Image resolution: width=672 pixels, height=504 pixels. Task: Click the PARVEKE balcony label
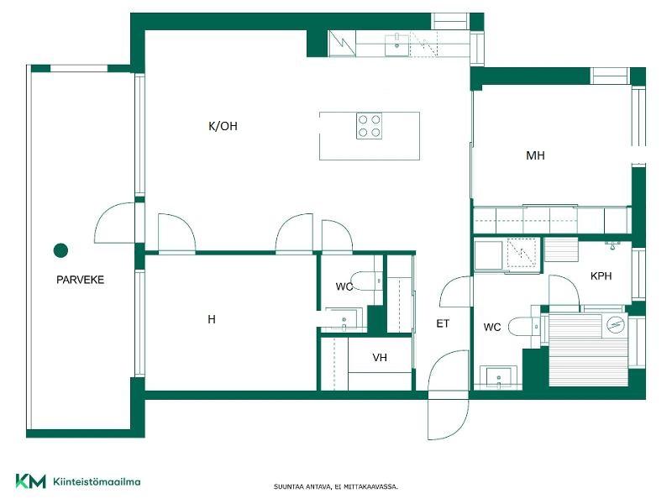point(80,280)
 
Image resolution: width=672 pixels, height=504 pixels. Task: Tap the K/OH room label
point(223,126)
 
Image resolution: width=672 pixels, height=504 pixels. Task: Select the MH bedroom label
point(535,155)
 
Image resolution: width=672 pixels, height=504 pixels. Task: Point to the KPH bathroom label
point(601,276)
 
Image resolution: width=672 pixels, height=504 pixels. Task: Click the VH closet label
point(380,357)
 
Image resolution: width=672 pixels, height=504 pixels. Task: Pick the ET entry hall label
point(443,323)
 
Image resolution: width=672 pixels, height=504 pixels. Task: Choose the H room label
point(212,319)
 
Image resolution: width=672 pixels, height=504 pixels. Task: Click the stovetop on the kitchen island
point(369,126)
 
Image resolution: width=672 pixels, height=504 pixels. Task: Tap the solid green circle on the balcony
point(60,250)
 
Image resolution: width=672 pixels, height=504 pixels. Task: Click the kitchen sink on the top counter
point(396,45)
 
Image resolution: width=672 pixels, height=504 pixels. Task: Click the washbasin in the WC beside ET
point(498,377)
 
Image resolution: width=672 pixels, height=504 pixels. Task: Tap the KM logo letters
point(30,480)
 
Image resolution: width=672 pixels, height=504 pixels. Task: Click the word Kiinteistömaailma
point(97,481)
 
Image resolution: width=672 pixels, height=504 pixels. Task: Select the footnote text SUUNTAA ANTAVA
point(302,487)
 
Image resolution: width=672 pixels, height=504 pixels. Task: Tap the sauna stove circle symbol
point(615,324)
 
